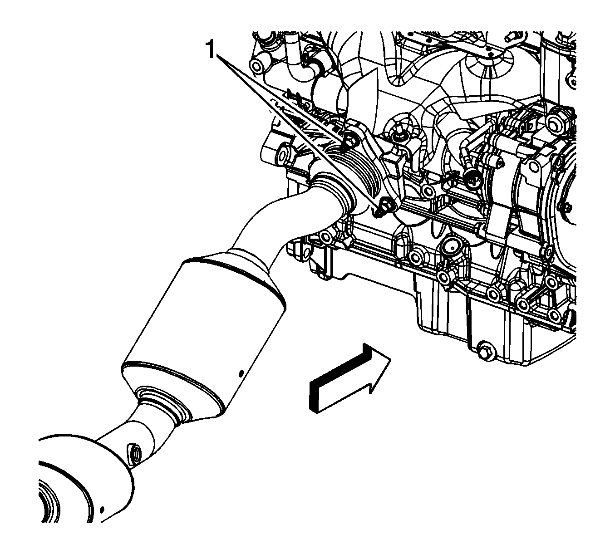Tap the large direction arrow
349,379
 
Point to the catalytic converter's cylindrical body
204,334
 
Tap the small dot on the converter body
241,373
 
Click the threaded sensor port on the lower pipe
134,452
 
